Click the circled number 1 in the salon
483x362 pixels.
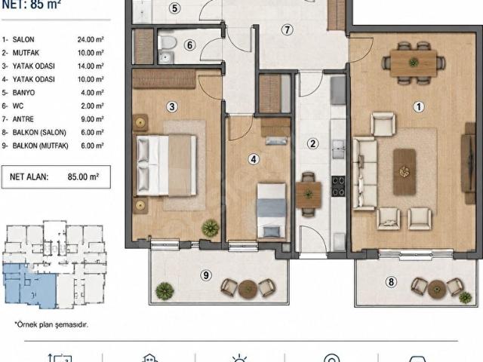pos(418,107)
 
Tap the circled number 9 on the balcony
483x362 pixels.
pos(206,275)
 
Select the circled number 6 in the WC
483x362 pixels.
pos(189,45)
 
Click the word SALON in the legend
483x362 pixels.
pos(23,40)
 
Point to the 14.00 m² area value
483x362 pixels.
pos(91,66)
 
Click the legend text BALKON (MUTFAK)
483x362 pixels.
pos(40,146)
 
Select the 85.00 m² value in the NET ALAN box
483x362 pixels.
pos(83,176)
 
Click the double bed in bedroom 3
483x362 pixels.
pos(166,165)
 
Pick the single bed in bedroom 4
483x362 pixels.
pos(272,210)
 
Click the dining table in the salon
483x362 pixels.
pos(414,63)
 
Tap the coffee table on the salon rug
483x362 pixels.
pos(405,172)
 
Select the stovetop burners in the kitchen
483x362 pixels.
pos(338,186)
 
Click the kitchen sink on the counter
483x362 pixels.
pos(338,149)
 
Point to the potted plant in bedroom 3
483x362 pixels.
pos(211,228)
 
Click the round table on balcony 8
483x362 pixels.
pos(437,290)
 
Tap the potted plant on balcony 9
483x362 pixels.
pos(165,291)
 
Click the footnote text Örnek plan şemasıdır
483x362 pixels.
pos(51,324)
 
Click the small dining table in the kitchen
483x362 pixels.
pos(309,195)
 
